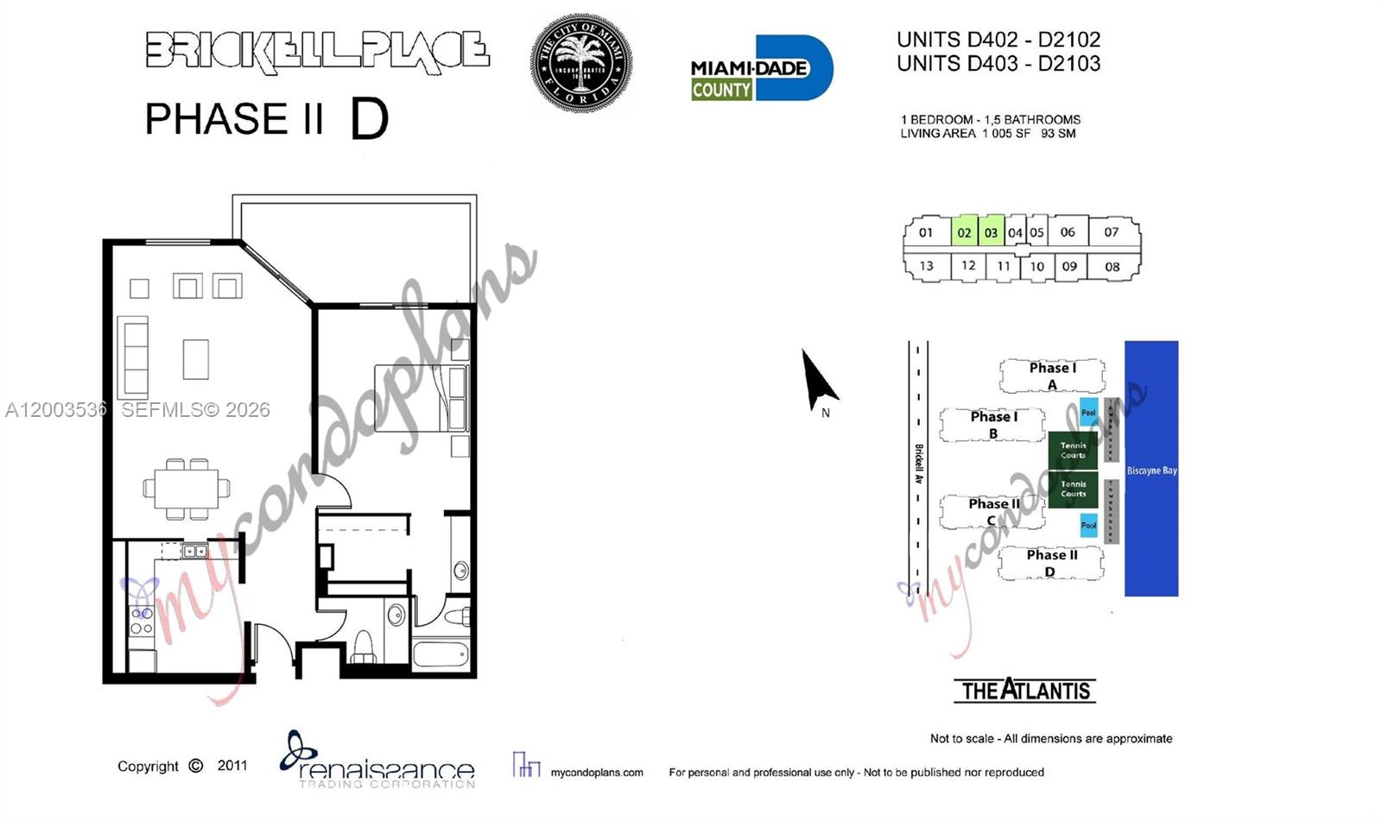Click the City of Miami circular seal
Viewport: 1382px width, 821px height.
click(x=580, y=62)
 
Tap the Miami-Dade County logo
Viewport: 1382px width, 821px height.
click(x=761, y=69)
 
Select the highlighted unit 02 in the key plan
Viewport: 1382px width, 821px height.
click(x=964, y=232)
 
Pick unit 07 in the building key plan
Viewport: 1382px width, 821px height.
click(x=1111, y=232)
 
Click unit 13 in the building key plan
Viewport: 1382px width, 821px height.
click(x=926, y=266)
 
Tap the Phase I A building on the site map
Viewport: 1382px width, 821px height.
click(x=1051, y=376)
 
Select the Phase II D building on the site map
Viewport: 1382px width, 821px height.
click(x=1051, y=563)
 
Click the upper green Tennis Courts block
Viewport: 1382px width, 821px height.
click(x=1073, y=450)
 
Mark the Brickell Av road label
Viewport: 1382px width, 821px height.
click(x=919, y=464)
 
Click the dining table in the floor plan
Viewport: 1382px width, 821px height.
click(x=187, y=489)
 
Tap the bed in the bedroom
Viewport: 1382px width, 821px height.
click(x=421, y=398)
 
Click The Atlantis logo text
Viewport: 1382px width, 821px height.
click(x=1025, y=691)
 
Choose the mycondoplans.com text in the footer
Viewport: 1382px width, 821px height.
click(x=597, y=773)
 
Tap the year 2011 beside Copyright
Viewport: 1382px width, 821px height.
click(x=231, y=766)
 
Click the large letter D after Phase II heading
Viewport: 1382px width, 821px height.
click(x=370, y=120)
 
